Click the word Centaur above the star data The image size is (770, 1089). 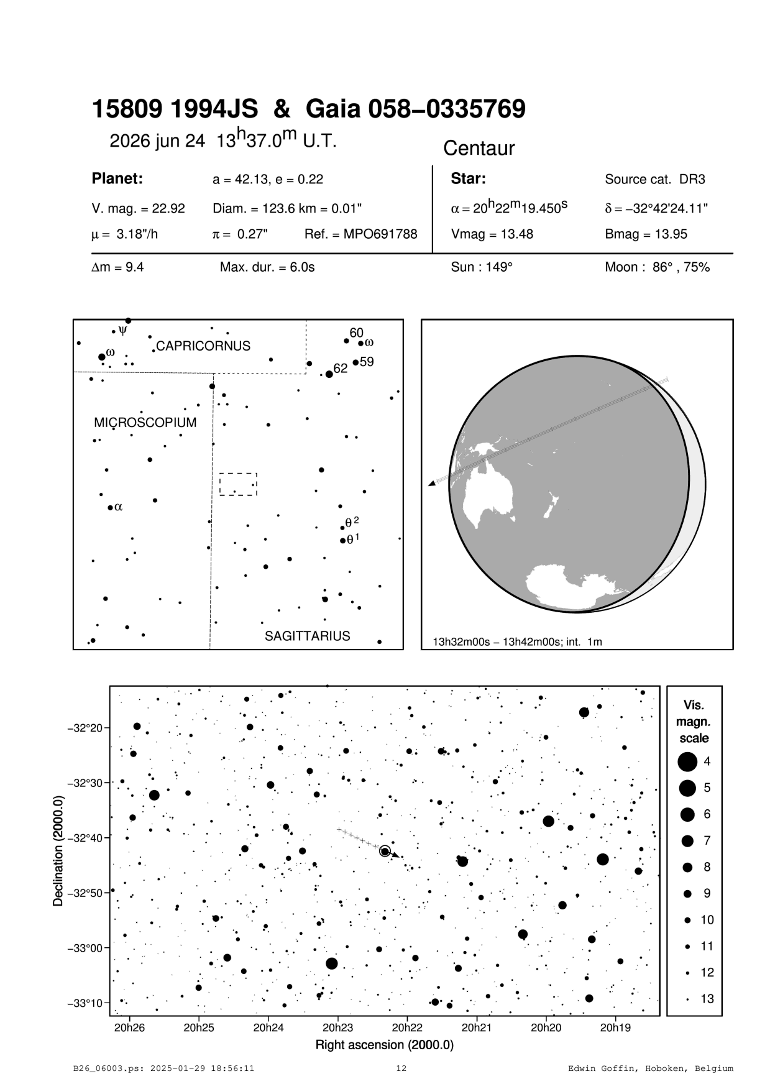click(x=479, y=149)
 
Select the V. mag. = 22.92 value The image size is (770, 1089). click(x=138, y=209)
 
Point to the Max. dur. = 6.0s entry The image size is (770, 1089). click(x=267, y=268)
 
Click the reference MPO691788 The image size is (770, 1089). click(x=360, y=234)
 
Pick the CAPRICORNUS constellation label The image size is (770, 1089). click(x=203, y=346)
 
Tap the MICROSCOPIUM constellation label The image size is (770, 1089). click(x=145, y=423)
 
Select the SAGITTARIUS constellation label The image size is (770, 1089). click(x=307, y=636)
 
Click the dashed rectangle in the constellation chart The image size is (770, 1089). click(x=238, y=484)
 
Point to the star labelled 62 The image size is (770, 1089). click(x=329, y=374)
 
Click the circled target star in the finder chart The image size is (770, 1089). click(x=385, y=851)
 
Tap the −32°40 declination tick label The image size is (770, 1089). click(x=85, y=838)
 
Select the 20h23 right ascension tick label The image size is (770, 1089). click(x=337, y=1027)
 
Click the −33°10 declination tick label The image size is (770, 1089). click(x=85, y=1003)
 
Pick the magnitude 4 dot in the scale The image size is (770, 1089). click(x=687, y=761)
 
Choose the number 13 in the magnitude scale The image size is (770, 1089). click(x=707, y=999)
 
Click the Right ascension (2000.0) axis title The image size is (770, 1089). click(x=384, y=1044)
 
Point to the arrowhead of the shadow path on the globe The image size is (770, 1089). click(x=431, y=484)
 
